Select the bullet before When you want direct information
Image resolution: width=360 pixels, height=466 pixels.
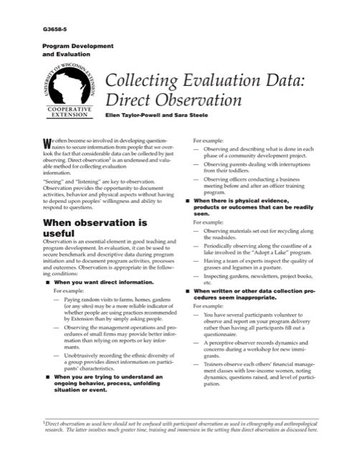[x=47, y=282]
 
